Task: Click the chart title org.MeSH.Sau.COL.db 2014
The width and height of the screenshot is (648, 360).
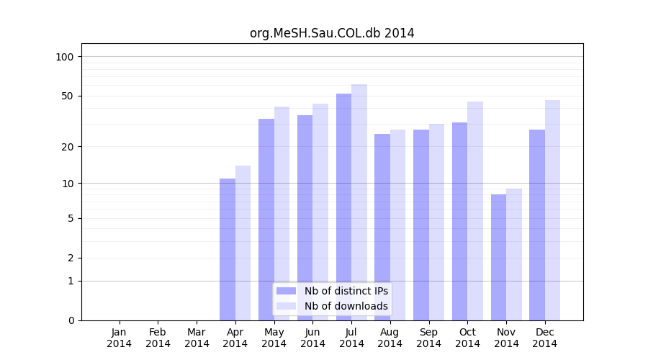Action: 332,33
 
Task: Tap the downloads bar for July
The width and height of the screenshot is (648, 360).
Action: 359,202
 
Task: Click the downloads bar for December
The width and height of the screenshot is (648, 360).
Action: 552,210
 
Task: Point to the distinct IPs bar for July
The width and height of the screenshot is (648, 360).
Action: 343,207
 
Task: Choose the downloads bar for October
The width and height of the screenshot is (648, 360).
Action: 475,211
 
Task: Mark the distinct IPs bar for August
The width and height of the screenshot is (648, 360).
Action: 382,227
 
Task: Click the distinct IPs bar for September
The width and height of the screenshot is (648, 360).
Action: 421,225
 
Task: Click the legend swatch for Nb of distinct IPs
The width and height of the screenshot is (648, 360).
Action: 286,291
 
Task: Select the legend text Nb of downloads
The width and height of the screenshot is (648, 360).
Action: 346,306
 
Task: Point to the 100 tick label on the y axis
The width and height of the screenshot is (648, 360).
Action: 65,57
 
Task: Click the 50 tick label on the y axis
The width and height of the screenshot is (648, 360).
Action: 68,96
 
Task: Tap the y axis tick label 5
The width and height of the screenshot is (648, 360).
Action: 71,218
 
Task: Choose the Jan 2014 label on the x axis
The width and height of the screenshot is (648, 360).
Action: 120,338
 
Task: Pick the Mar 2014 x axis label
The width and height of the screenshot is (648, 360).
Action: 197,338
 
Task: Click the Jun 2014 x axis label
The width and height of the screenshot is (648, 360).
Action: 312,338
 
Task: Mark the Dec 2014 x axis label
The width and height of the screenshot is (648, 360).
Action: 545,338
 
